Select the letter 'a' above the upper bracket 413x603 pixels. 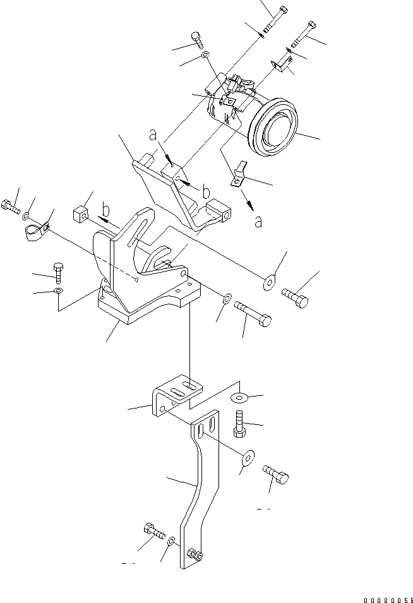[152, 134]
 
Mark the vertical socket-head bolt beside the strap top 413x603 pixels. [239, 421]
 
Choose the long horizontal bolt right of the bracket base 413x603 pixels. [253, 313]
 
